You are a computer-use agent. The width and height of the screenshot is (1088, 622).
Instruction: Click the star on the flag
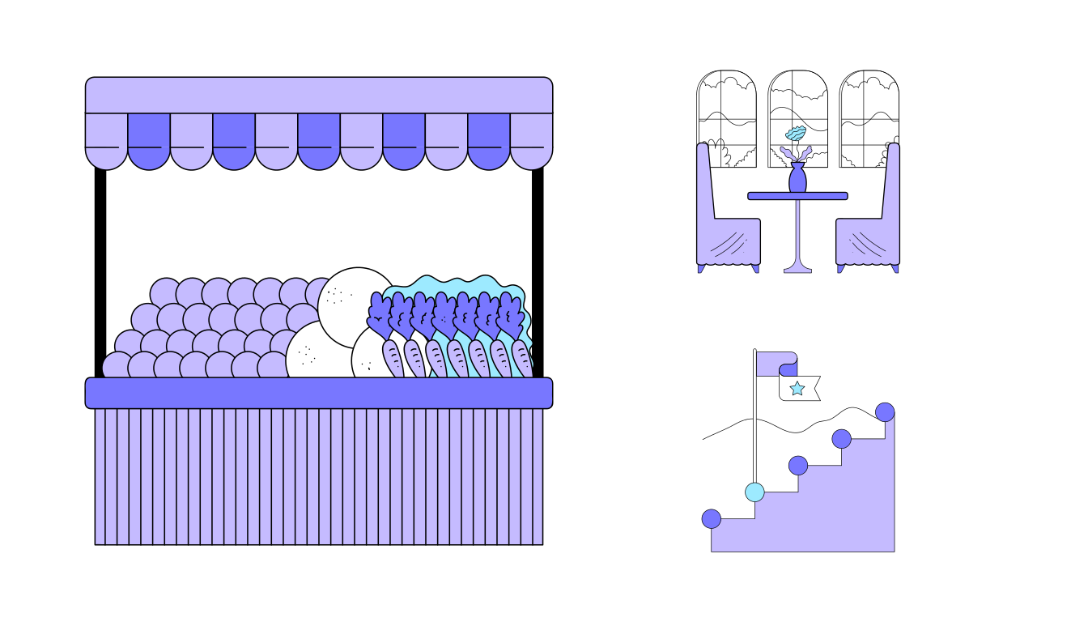coord(797,389)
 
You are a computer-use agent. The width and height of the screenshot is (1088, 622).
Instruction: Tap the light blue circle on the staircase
coord(754,492)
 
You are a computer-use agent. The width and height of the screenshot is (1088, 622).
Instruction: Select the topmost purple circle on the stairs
coord(885,411)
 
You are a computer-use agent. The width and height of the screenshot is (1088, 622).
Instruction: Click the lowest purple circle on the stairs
coord(711,518)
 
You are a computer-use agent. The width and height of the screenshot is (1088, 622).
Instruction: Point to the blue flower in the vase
coord(796,134)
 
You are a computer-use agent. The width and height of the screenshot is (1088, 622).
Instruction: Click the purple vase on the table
coord(797,179)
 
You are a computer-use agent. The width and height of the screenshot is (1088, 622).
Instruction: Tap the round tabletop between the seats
coord(797,196)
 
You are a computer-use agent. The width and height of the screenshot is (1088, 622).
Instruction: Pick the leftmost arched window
coord(726,105)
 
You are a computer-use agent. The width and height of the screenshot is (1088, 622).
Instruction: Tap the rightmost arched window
coord(869,105)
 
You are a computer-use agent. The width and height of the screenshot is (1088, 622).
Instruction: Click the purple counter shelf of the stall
coord(319,393)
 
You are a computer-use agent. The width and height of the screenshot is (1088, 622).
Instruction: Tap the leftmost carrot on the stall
coord(393,357)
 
